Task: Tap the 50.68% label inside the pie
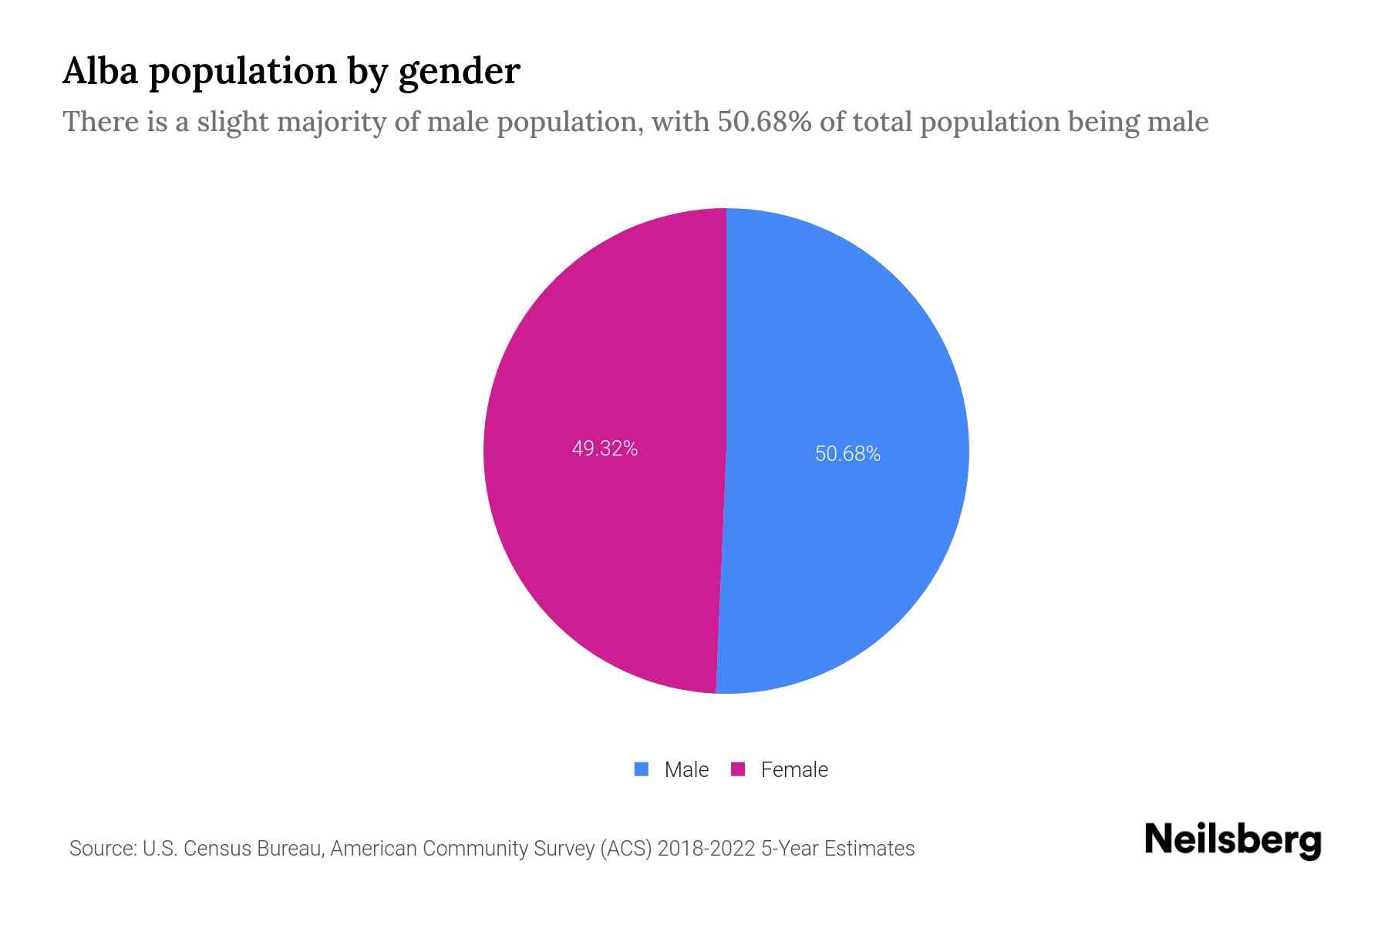pos(847,454)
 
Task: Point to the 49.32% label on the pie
pos(605,449)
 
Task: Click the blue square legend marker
pos(641,769)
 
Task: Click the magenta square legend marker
pos(738,769)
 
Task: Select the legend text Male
pos(686,770)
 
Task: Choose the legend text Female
pos(794,770)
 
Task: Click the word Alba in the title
pos(99,71)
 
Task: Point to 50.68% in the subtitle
pos(764,122)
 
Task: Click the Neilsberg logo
pos(1232,840)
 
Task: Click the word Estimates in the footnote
pos(869,849)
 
